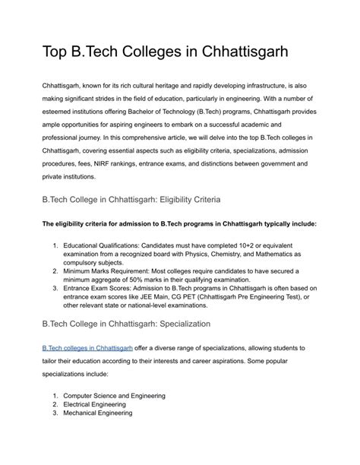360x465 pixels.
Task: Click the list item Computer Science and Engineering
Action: [x=114, y=396]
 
